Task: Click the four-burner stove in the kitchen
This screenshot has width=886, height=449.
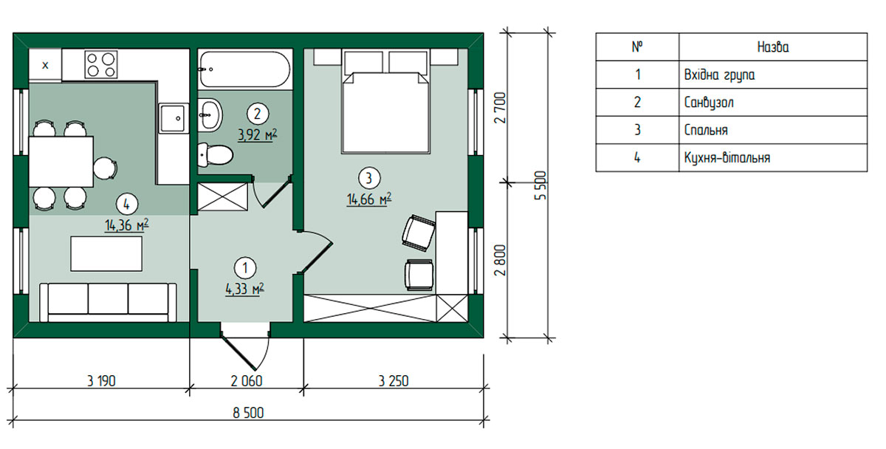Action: point(101,64)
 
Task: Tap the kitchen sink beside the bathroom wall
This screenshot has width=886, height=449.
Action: point(172,118)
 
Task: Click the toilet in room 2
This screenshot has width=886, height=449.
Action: point(215,154)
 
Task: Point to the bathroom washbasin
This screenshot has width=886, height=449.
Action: point(210,115)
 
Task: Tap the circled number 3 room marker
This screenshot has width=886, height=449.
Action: point(369,178)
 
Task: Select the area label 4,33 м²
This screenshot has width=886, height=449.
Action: point(245,289)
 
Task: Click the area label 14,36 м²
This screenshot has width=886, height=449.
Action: point(126,225)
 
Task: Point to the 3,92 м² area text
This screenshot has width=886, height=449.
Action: point(258,135)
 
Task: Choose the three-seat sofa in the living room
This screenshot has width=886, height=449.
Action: point(108,302)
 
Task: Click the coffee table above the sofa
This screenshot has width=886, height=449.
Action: point(106,253)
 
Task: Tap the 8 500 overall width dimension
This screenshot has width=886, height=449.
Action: point(248,413)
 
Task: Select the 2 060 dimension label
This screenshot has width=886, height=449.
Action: point(247,381)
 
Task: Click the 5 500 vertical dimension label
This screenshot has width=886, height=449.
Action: point(540,185)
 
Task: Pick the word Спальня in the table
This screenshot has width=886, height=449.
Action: point(706,130)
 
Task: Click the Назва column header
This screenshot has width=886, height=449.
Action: point(773,47)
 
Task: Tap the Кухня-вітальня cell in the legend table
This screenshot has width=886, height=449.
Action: point(727,158)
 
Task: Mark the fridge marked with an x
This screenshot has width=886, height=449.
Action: point(45,65)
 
